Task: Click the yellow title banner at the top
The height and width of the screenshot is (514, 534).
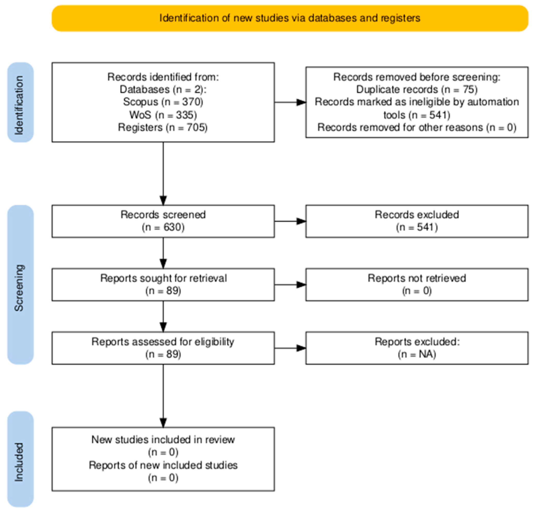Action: (x=290, y=18)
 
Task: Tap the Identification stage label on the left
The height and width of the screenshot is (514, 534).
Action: (x=20, y=102)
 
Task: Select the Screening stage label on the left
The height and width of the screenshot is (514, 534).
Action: (x=20, y=285)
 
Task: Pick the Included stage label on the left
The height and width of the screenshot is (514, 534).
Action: (x=20, y=459)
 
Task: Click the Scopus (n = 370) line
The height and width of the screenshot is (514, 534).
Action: (x=163, y=102)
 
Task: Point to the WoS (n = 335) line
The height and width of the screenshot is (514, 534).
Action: (x=163, y=115)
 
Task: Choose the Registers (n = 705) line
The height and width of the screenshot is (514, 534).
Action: (x=163, y=127)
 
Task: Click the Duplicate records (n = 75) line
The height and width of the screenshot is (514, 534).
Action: (x=417, y=89)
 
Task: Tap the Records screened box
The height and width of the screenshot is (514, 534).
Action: (x=163, y=221)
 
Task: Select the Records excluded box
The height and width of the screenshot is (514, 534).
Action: (x=417, y=221)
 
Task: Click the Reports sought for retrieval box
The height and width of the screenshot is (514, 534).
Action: (x=163, y=285)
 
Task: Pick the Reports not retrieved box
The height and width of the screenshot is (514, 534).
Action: (x=417, y=285)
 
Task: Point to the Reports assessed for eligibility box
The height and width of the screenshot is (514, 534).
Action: (x=163, y=348)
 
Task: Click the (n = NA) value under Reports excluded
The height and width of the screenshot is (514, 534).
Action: (x=417, y=354)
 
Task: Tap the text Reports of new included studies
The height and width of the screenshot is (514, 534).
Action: (x=163, y=465)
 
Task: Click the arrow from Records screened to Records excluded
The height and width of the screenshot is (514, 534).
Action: (x=290, y=221)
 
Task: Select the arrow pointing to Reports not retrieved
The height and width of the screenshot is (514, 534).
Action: (x=290, y=285)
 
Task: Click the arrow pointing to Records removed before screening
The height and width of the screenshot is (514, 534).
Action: (x=290, y=102)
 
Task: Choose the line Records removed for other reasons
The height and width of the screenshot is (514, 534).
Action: (x=417, y=127)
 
